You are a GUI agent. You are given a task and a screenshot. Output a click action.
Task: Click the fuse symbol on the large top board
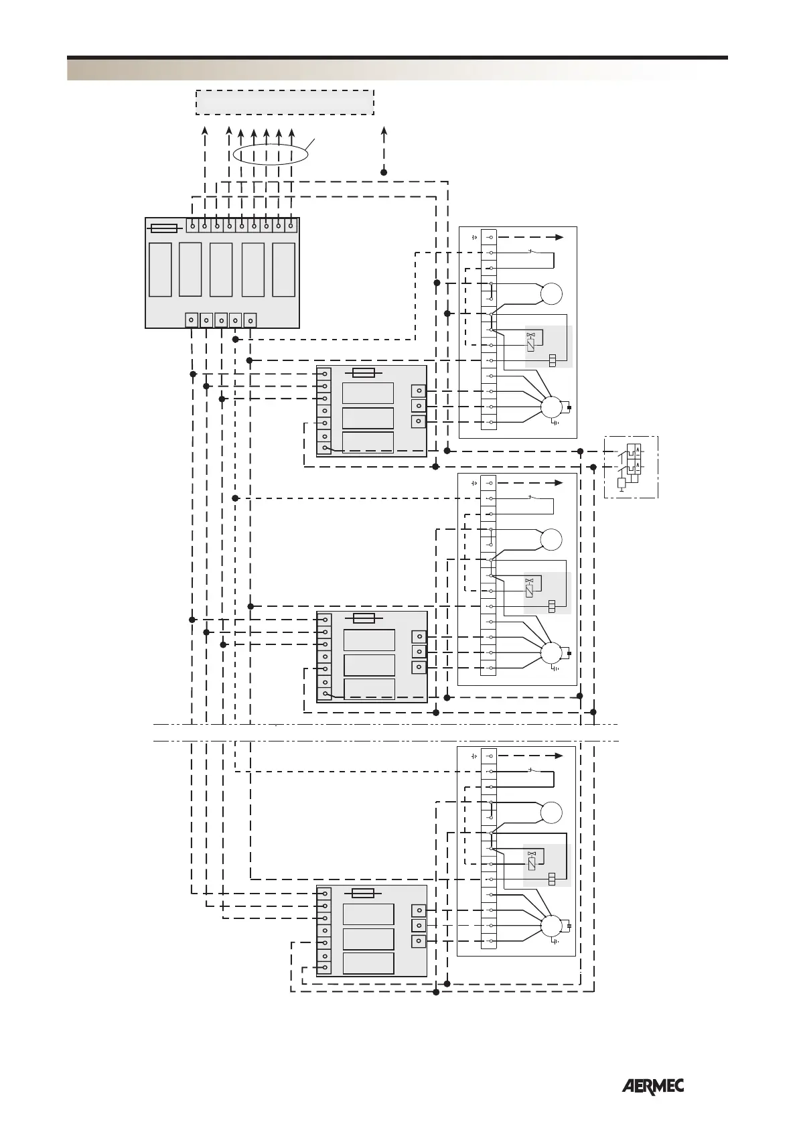164,228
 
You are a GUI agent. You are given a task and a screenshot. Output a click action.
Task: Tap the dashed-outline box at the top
284,102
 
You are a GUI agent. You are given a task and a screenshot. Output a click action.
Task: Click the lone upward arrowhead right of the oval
384,129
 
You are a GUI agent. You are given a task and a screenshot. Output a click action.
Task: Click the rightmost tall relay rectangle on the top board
284,270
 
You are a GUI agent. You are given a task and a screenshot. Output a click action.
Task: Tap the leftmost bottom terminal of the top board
192,320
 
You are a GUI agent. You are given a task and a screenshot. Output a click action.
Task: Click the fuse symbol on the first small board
364,373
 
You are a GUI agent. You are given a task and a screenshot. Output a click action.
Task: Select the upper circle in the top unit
552,293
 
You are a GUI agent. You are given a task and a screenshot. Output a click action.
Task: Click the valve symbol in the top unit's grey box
531,334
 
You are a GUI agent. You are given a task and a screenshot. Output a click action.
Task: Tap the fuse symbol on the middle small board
364,618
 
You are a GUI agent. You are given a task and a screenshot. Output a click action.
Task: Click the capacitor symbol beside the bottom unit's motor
569,926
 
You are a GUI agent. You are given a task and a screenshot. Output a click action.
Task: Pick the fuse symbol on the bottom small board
363,893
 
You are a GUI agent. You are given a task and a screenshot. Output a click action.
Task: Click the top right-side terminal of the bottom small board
419,910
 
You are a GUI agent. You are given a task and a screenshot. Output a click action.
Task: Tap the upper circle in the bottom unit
552,813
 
